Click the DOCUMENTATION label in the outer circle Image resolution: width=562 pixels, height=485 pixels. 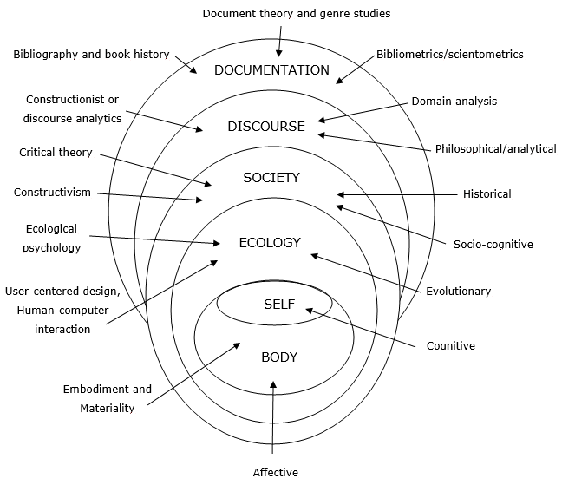271,70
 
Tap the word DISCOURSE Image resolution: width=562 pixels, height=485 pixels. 266,127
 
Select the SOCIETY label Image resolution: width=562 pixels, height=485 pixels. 271,178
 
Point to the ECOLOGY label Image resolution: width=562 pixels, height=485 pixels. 269,243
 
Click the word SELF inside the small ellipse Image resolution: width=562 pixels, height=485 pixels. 279,304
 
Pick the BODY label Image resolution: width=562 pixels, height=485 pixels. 278,357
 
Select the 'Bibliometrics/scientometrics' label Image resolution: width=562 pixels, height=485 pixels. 449,54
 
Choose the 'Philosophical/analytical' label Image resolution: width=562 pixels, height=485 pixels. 495,149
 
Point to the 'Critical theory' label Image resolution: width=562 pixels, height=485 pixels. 55,153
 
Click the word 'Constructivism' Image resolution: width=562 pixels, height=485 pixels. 52,192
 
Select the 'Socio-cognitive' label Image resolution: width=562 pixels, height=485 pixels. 493,244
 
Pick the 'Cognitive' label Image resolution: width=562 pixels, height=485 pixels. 450,345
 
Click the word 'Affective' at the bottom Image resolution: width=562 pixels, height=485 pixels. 275,472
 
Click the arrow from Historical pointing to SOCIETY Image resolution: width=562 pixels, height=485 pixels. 399,194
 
